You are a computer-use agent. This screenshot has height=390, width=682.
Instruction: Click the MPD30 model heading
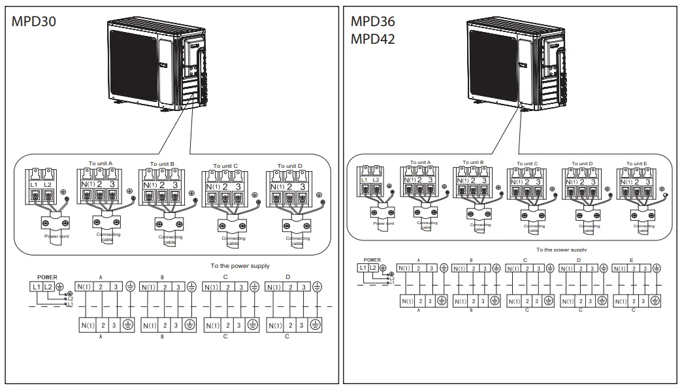point(35,20)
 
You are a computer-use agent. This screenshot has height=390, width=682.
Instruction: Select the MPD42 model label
point(373,39)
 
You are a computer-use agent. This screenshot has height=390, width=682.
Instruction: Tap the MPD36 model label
point(373,21)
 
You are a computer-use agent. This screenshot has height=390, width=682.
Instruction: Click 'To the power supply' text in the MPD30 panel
point(240,266)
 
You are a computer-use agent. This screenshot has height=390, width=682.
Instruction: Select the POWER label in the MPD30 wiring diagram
point(47,277)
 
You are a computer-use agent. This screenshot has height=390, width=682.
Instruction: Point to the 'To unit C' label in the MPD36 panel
point(527,164)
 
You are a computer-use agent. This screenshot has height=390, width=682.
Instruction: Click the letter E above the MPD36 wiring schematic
point(631,260)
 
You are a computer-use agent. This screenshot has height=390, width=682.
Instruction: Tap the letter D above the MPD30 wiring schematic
point(288,277)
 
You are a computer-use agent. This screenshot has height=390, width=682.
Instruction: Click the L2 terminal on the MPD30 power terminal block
point(48,185)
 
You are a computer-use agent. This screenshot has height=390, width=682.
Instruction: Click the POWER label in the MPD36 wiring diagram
point(372,260)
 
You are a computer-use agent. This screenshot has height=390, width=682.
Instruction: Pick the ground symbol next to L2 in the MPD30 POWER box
point(60,287)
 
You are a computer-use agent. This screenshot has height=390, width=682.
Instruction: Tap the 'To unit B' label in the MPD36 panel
point(472,162)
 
